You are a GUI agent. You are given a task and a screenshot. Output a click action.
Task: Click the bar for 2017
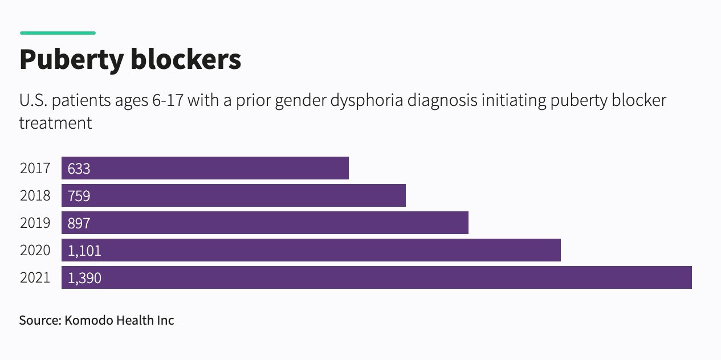(205, 169)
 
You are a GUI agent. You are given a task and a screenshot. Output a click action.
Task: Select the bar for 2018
(234, 196)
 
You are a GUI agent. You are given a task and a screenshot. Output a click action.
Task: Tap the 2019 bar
(265, 223)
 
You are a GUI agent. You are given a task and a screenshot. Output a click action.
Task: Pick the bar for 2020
(311, 251)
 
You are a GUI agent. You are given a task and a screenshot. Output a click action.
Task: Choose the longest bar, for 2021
(377, 278)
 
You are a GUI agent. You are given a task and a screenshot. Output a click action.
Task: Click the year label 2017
(35, 169)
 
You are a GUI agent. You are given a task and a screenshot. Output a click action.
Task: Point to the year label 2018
(35, 197)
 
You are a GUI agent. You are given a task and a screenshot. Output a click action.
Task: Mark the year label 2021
(35, 279)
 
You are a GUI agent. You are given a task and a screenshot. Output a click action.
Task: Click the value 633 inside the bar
(79, 169)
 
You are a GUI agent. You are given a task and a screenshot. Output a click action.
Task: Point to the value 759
(79, 197)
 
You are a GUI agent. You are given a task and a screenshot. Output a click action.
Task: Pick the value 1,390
(84, 279)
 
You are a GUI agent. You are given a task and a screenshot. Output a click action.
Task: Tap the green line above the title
(58, 33)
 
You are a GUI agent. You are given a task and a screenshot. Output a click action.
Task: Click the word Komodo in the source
(89, 320)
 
